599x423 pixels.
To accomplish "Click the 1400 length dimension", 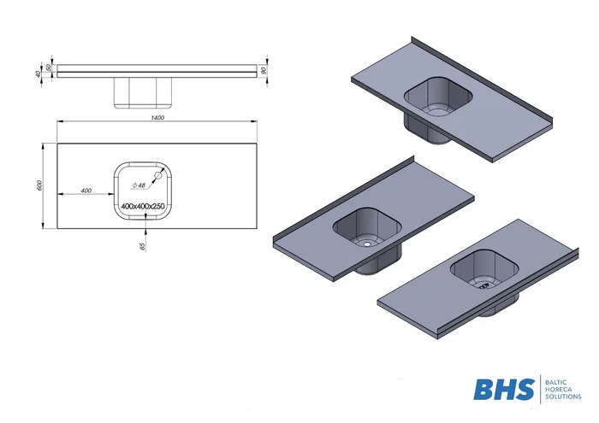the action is coord(157,117).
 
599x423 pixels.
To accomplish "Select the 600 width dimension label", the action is coord(40,185).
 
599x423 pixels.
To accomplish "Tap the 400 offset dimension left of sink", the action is coord(86,191).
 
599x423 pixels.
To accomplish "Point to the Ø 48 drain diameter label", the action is coord(139,185).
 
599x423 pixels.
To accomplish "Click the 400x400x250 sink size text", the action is coord(143,206).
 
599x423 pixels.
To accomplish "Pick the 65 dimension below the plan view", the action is coord(143,246).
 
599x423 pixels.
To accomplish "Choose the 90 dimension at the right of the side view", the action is coord(263,71).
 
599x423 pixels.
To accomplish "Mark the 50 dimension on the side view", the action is coord(49,68).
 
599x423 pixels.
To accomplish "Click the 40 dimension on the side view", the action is coord(38,73).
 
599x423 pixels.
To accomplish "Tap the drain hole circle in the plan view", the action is coord(157,175).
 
